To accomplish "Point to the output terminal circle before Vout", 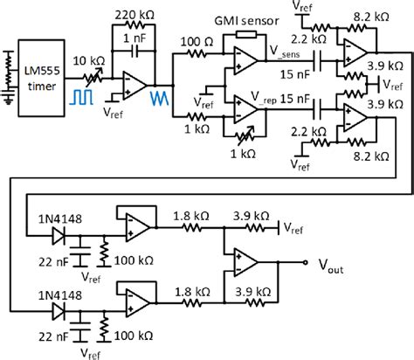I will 306,261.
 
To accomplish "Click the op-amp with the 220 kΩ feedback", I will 135,82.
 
